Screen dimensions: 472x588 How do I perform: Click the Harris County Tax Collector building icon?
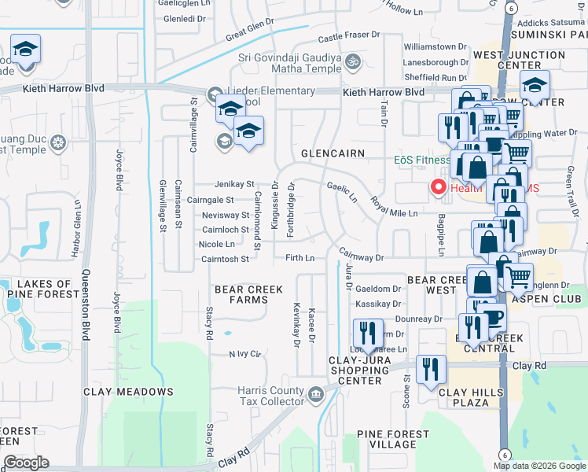(315, 393)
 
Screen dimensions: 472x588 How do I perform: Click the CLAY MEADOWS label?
(129, 391)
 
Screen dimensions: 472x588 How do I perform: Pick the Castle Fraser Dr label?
(349, 36)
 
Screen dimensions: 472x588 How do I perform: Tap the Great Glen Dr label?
(249, 32)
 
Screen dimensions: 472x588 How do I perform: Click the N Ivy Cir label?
(244, 354)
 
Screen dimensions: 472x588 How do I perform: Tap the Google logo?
(26, 463)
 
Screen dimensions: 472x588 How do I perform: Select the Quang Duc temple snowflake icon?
(57, 143)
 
